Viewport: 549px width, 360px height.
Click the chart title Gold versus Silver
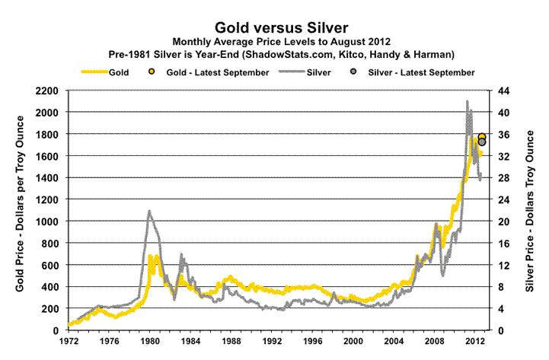pos(273,26)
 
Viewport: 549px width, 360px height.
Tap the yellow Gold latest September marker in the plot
pos(482,136)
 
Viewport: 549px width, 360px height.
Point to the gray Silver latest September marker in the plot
pos(482,142)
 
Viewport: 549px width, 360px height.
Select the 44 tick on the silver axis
pos(503,91)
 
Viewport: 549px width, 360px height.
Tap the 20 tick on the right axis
pos(503,221)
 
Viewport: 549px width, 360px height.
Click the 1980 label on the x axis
pos(150,340)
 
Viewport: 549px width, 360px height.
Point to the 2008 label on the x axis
pos(435,340)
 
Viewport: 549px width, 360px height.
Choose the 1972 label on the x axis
pos(69,340)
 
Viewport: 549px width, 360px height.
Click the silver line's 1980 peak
pos(149,211)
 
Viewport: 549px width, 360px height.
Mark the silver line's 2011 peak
pos(467,101)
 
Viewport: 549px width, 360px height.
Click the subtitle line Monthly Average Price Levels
pos(273,41)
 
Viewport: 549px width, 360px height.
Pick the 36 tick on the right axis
pos(503,134)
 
